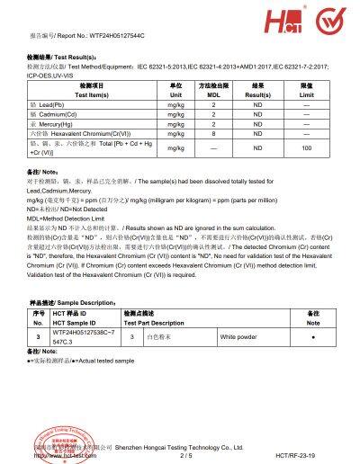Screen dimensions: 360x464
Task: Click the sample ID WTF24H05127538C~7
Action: click(87, 332)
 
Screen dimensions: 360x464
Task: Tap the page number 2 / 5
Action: click(186, 455)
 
